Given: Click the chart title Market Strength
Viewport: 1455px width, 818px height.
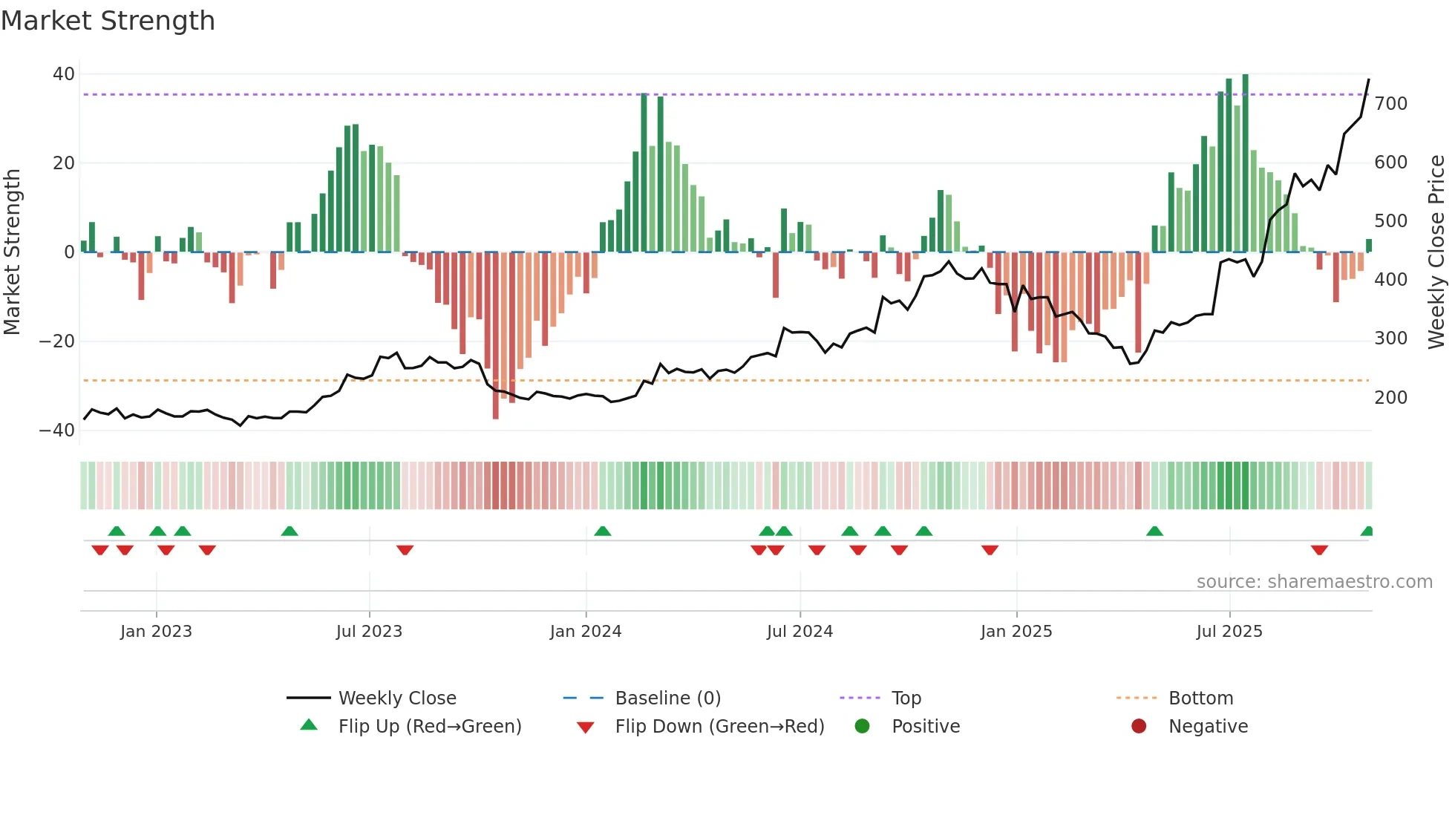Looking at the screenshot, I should pyautogui.click(x=108, y=21).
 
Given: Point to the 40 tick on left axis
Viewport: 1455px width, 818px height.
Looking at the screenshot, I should pyautogui.click(x=64, y=74).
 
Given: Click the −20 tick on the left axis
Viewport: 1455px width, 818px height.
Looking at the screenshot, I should pyautogui.click(x=58, y=341).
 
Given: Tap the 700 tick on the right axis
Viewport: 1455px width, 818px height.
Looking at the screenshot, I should pyautogui.click(x=1390, y=104).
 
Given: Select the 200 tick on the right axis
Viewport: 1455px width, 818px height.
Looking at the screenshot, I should pyautogui.click(x=1390, y=398).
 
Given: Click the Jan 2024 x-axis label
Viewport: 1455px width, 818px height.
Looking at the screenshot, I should pyautogui.click(x=585, y=632).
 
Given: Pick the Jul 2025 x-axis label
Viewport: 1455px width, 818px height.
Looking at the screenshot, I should pyautogui.click(x=1229, y=632).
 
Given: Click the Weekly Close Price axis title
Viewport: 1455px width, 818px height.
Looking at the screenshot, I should pyautogui.click(x=1436, y=252).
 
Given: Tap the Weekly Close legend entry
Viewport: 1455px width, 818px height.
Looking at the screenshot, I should pyautogui.click(x=396, y=698).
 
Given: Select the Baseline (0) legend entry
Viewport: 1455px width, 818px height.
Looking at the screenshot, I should pyautogui.click(x=667, y=698).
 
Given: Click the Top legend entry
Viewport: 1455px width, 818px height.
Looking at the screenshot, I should pyautogui.click(x=906, y=698).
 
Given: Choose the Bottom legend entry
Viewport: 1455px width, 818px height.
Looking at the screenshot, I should pyautogui.click(x=1200, y=698).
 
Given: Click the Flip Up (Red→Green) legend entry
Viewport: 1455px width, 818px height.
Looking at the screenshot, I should pyautogui.click(x=429, y=727).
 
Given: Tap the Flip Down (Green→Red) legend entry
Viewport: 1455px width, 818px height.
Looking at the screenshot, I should pyautogui.click(x=719, y=727).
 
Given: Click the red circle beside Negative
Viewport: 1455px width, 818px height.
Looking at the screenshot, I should pyautogui.click(x=1139, y=726).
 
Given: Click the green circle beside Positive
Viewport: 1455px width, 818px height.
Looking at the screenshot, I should pyautogui.click(x=862, y=726).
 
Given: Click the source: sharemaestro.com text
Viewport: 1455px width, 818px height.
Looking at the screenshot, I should pyautogui.click(x=1314, y=582).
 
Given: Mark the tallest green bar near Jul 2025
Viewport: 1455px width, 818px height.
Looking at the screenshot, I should pyautogui.click(x=1245, y=163).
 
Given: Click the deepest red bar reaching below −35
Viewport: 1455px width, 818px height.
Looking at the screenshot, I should pyautogui.click(x=495, y=334).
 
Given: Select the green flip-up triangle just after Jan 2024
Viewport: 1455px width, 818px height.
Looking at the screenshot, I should pyautogui.click(x=603, y=531).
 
